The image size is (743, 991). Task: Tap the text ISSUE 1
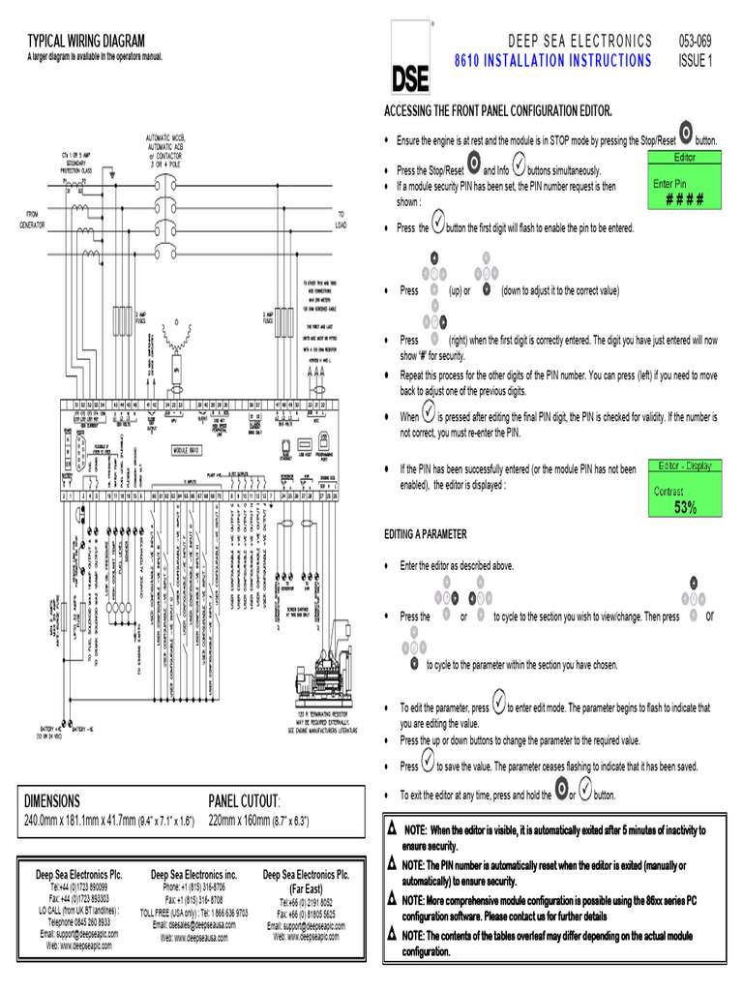pyautogui.click(x=696, y=61)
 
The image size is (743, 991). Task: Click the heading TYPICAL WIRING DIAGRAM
pyautogui.click(x=86, y=41)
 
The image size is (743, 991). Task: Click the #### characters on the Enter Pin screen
pyautogui.click(x=684, y=200)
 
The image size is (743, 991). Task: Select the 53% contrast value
pyautogui.click(x=685, y=507)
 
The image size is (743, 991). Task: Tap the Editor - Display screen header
pyautogui.click(x=685, y=465)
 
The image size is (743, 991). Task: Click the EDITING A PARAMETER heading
pyautogui.click(x=426, y=534)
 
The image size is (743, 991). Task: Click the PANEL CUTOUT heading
pyautogui.click(x=244, y=801)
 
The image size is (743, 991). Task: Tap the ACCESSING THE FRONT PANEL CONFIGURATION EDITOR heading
pyautogui.click(x=498, y=112)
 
